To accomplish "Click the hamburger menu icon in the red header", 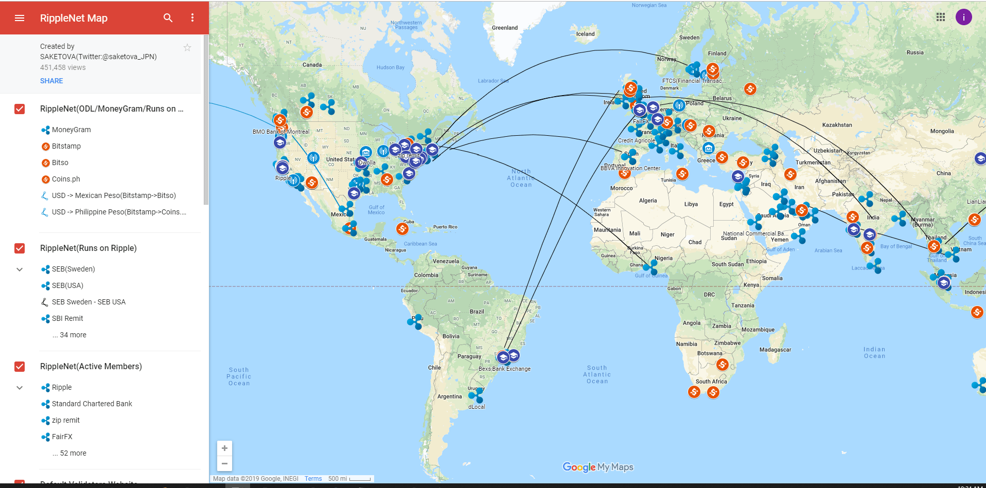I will (20, 18).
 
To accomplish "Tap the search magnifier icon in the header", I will (168, 18).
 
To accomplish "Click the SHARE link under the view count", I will (51, 81).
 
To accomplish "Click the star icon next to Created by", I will (187, 48).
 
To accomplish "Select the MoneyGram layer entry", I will (71, 130).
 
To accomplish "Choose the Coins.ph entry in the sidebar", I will (66, 179).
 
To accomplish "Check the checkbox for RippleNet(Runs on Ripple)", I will (20, 248).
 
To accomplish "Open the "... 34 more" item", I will (69, 335).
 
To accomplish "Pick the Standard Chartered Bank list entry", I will (92, 404).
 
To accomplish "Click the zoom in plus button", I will (224, 448).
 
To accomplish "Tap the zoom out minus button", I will (224, 463).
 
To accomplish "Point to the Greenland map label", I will (504, 28).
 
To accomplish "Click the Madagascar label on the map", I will (775, 350).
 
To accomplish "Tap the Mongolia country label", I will (942, 131).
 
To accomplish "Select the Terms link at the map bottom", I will (313, 479).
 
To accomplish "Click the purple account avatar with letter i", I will (963, 17).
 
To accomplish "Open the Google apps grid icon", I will (941, 17).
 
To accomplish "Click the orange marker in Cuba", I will (402, 228).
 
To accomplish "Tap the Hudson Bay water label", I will (390, 67).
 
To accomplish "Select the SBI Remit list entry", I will (67, 318).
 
